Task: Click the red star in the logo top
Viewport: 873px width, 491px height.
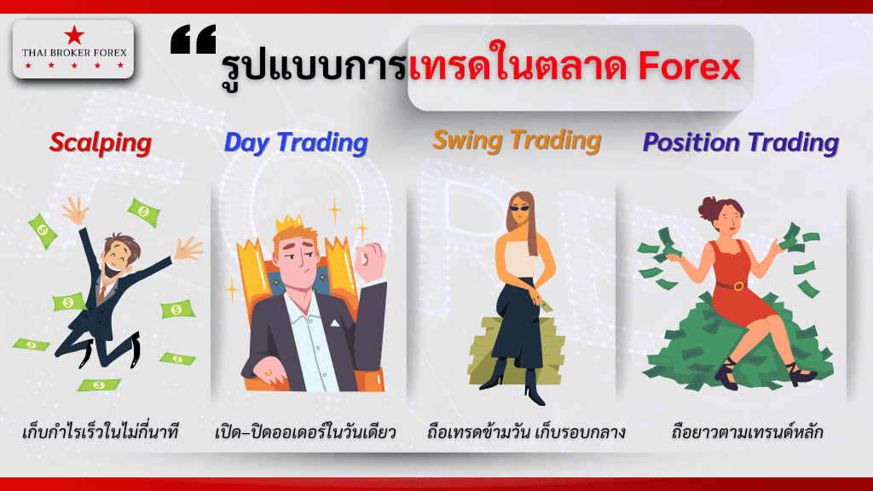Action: (x=74, y=35)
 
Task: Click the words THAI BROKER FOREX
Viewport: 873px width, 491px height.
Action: (x=74, y=53)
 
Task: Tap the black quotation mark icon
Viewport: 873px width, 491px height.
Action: (x=194, y=39)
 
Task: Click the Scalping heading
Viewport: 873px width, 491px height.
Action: (x=101, y=143)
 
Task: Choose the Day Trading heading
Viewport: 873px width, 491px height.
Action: (x=296, y=142)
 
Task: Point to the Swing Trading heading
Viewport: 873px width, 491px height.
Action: (x=517, y=141)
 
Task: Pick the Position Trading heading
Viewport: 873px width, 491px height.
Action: (x=741, y=142)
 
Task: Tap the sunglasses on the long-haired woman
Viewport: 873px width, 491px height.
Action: (x=521, y=209)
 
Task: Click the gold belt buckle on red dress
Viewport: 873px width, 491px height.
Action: (x=738, y=286)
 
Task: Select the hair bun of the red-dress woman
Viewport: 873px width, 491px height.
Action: (x=708, y=206)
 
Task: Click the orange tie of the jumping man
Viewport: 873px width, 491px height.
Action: (x=102, y=292)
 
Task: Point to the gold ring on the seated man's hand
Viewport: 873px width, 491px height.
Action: (x=269, y=373)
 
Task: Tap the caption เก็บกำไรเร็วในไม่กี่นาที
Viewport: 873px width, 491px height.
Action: (x=101, y=431)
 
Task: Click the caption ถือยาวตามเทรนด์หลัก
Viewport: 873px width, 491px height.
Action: (x=747, y=431)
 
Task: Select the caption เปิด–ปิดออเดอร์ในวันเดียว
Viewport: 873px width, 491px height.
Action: (x=305, y=432)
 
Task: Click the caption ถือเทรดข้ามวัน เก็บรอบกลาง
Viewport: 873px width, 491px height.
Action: (x=526, y=432)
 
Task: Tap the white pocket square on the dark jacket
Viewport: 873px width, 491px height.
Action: (x=334, y=323)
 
